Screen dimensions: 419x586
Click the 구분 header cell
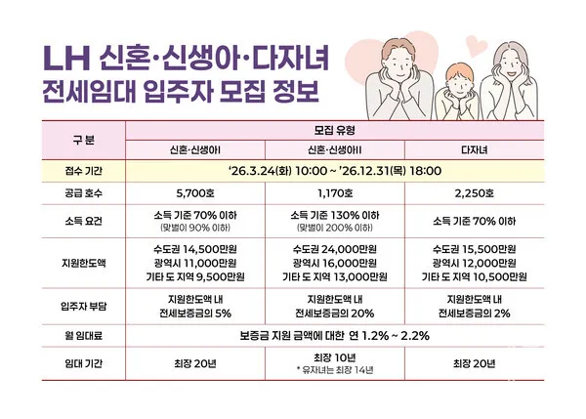pos(84,139)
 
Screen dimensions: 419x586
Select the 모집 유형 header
pos(335,129)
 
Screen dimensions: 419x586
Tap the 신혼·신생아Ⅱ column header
pos(335,148)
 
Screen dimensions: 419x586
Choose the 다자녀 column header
pos(474,148)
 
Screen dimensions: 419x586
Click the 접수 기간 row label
pos(84,169)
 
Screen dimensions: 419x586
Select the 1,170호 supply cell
pos(335,193)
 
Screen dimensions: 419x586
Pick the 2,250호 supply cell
pos(474,193)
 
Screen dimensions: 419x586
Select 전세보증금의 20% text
pos(335,313)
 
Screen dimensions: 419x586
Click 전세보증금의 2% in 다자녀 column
pos(474,313)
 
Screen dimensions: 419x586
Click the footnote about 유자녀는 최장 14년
pos(335,371)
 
